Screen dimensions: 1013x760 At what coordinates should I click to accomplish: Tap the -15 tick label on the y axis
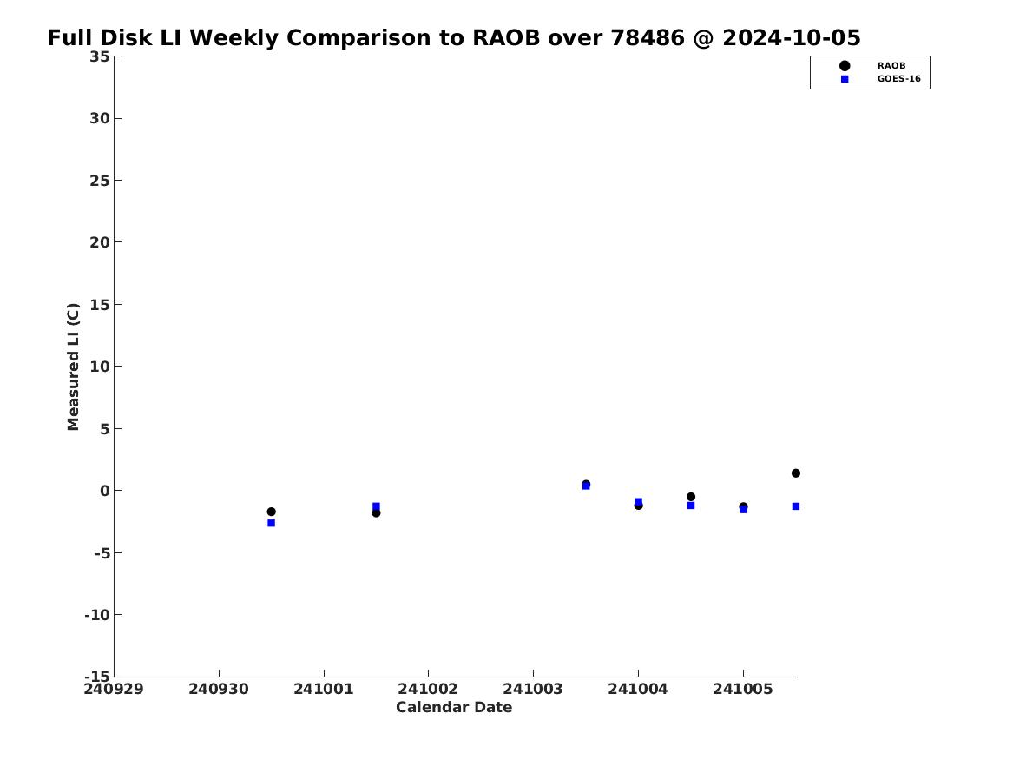(x=97, y=676)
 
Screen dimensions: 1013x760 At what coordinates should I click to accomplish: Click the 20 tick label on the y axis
(x=100, y=242)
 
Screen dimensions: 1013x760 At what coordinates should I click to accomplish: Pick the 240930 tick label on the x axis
(x=219, y=690)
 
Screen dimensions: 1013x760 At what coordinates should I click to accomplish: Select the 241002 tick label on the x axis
(x=428, y=690)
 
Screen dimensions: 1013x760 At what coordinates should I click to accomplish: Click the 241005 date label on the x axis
(x=743, y=690)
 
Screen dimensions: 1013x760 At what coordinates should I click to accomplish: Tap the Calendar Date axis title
(x=454, y=708)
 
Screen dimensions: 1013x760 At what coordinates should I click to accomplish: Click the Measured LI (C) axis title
(x=73, y=367)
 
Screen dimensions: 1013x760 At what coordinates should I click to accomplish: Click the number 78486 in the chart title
(x=648, y=37)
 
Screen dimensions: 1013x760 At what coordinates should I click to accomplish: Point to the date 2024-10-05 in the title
(x=792, y=37)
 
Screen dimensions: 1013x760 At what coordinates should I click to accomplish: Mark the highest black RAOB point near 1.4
(x=796, y=473)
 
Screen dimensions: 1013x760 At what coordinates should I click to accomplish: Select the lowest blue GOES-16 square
(x=272, y=523)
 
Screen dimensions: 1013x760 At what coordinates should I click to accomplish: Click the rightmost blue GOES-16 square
(x=796, y=506)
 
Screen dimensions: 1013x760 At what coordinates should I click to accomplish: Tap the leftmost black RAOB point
(x=272, y=512)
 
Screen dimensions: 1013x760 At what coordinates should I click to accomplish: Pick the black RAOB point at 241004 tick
(x=638, y=506)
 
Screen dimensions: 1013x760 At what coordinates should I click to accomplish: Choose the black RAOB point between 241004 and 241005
(x=691, y=497)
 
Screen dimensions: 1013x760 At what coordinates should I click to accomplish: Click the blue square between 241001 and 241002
(x=376, y=506)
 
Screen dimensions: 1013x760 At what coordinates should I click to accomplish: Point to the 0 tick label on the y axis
(x=105, y=491)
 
